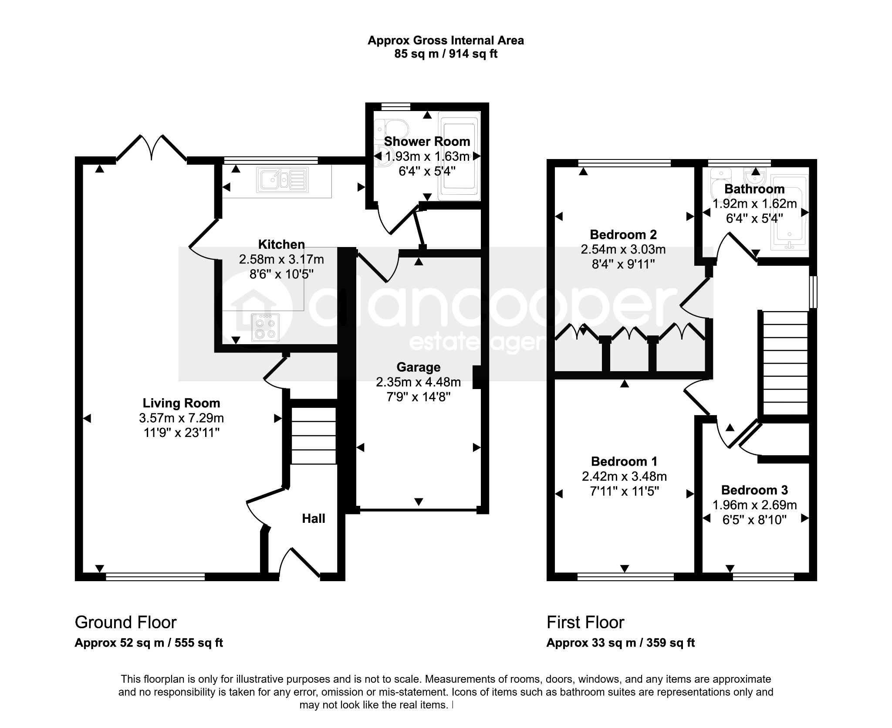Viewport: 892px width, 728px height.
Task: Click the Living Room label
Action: (181, 403)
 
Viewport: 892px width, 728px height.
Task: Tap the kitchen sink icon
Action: (284, 180)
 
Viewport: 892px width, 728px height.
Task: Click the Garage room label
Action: (418, 367)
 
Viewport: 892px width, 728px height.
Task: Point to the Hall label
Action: (314, 518)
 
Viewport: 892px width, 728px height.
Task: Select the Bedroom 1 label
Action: (624, 461)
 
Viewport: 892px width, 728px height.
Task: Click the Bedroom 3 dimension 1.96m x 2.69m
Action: (754, 505)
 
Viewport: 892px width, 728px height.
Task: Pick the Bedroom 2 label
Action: (623, 234)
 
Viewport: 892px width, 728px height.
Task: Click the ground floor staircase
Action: (314, 436)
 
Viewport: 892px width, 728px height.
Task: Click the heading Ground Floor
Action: (125, 622)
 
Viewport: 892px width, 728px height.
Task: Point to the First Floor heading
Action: (585, 622)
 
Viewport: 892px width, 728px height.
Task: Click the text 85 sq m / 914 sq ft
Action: (446, 54)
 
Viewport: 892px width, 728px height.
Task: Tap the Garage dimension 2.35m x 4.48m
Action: (418, 382)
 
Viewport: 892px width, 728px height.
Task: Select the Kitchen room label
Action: (281, 244)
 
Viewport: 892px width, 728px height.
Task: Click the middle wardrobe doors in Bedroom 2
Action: (628, 334)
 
